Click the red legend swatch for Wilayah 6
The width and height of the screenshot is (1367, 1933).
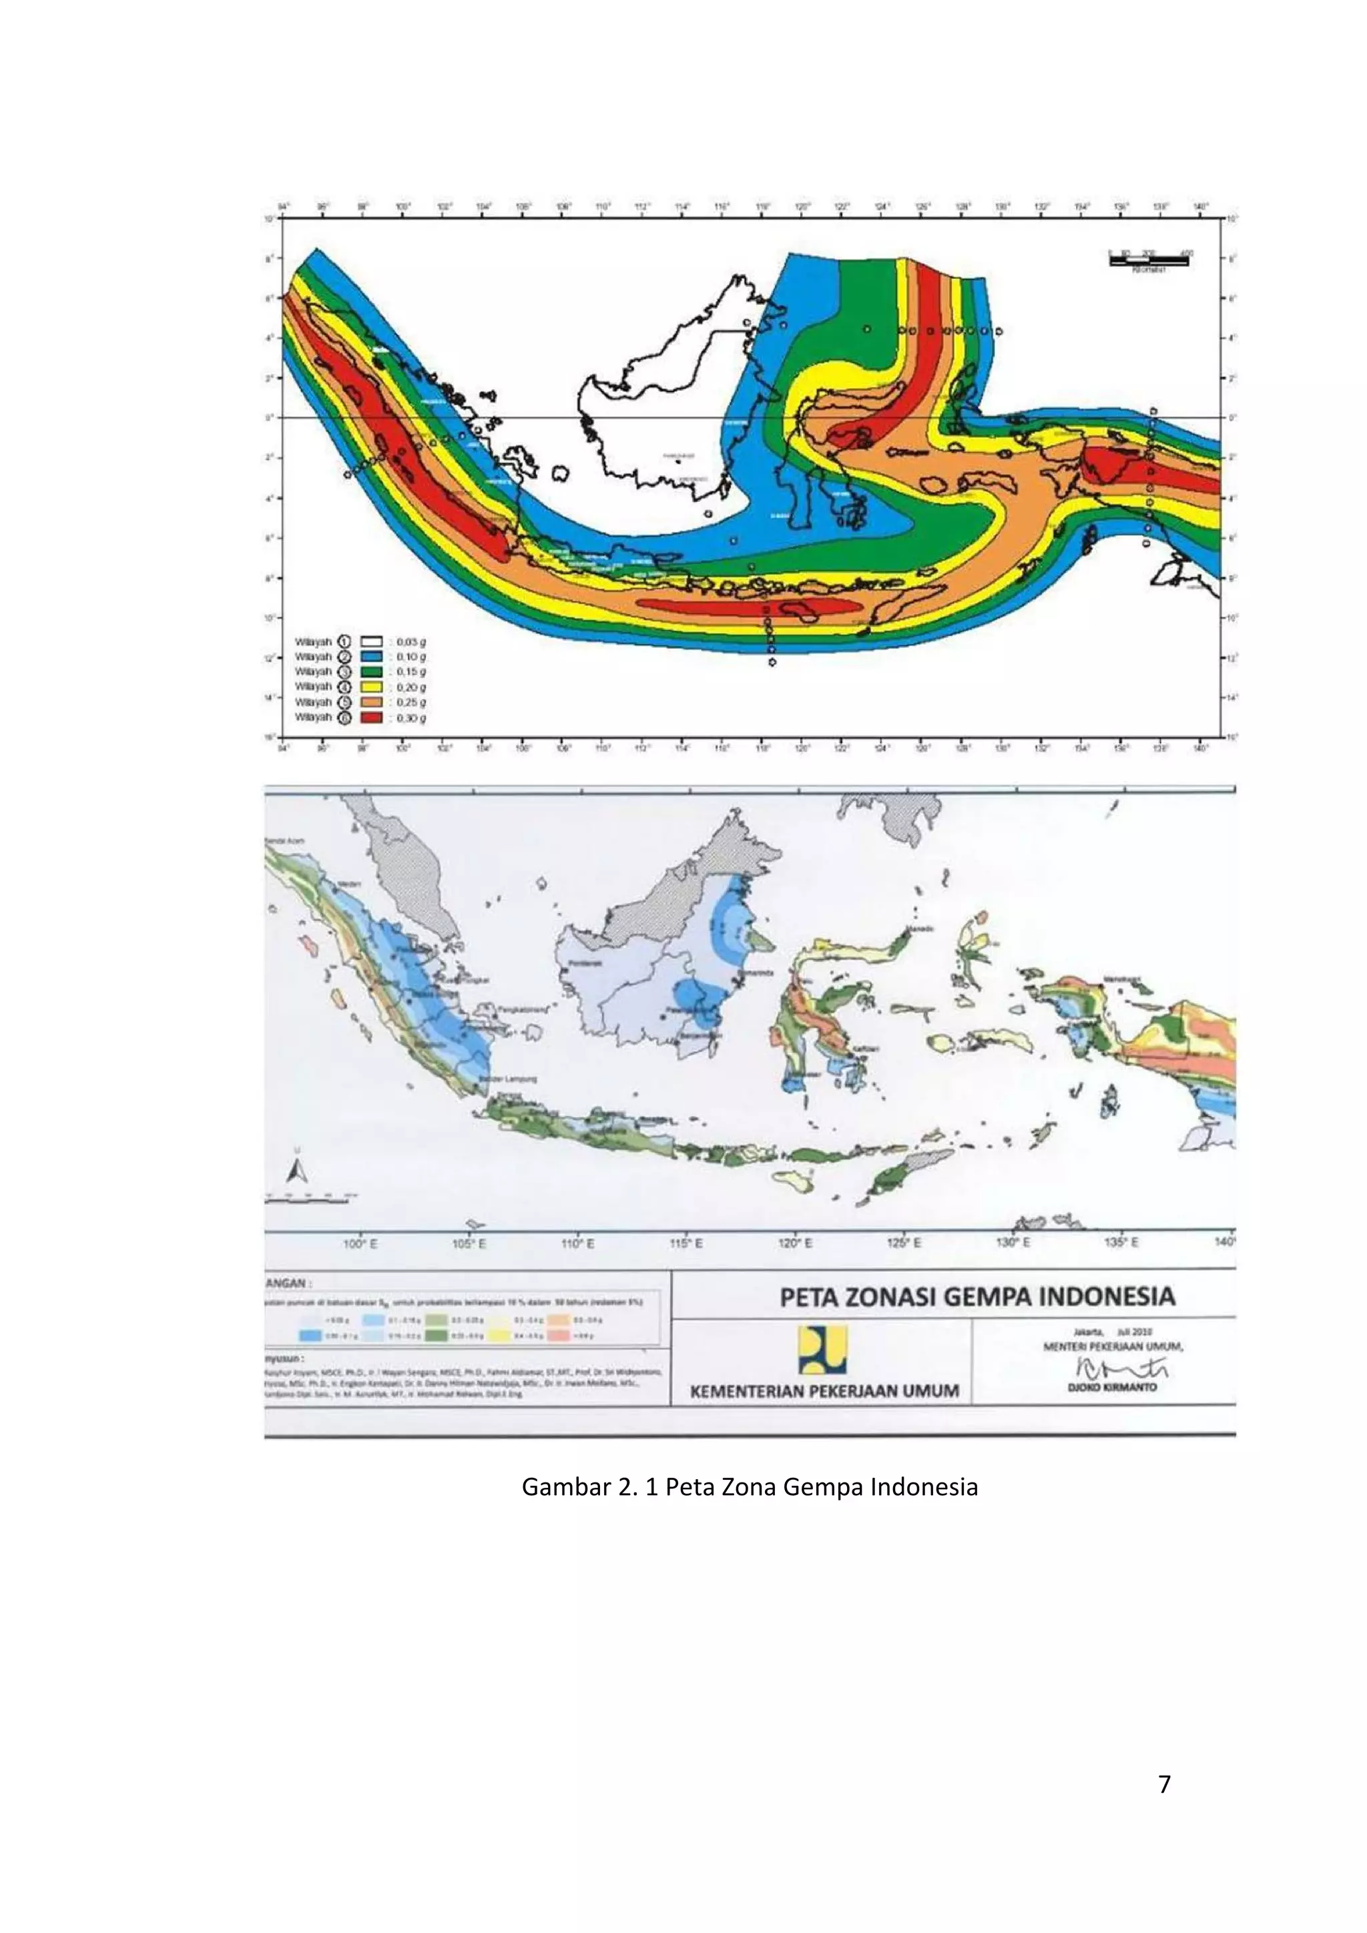click(x=371, y=718)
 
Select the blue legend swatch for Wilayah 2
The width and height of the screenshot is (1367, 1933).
click(x=371, y=656)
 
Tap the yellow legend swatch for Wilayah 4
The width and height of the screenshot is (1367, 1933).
click(x=371, y=687)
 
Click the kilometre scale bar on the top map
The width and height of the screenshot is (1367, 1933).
click(x=1148, y=261)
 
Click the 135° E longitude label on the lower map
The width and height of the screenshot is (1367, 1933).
click(x=1121, y=1244)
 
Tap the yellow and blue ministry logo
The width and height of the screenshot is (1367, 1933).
click(x=822, y=1350)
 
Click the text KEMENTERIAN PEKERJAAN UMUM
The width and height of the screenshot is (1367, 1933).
click(x=824, y=1391)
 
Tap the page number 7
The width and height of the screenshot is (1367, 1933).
click(x=1164, y=1785)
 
